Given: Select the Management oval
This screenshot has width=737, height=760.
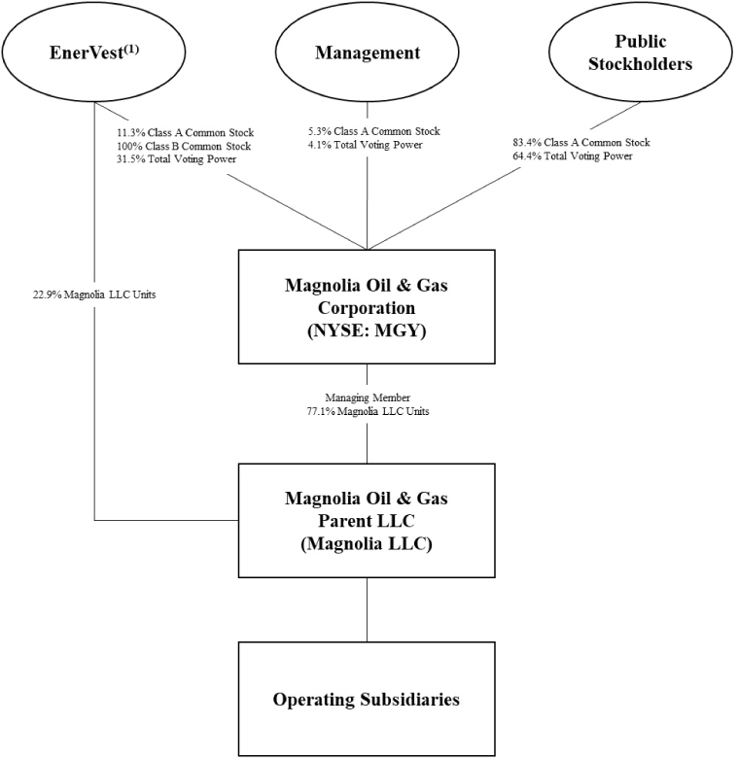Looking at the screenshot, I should [x=368, y=53].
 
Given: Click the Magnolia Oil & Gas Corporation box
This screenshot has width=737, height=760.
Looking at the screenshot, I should [x=368, y=306].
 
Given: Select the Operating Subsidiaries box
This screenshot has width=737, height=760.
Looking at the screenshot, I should [x=368, y=699].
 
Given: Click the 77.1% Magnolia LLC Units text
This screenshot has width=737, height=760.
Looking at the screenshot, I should [x=367, y=412].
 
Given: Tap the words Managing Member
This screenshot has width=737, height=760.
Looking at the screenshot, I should [x=367, y=398].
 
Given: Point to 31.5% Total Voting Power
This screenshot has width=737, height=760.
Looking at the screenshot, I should [x=167, y=158].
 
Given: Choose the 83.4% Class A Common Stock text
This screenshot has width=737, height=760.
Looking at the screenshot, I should [x=581, y=143].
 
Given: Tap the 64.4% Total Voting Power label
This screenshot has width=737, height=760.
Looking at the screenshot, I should [x=573, y=155].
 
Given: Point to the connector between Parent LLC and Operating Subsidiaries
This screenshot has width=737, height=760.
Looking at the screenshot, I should [x=368, y=609].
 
